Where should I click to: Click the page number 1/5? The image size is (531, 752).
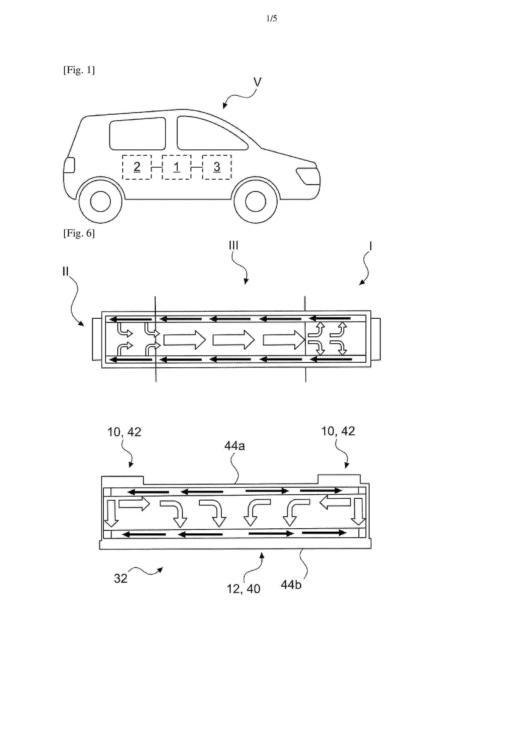tap(271, 19)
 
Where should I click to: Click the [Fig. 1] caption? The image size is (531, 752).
tap(79, 70)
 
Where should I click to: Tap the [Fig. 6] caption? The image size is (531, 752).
tap(79, 233)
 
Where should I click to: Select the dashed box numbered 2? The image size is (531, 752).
tap(137, 167)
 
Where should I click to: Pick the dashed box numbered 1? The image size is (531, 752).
tap(176, 167)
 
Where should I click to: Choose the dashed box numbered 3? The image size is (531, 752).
tap(217, 167)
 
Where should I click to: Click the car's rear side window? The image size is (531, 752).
tap(137, 134)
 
